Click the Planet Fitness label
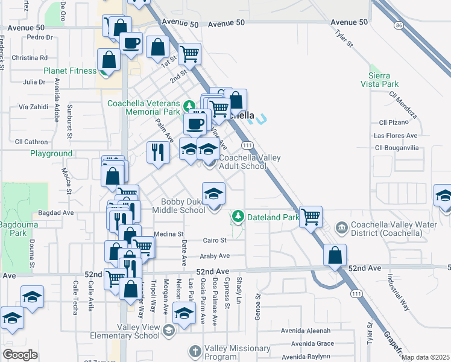[70, 71]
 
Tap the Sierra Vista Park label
[380, 80]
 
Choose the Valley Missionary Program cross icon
[195, 351]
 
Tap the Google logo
[20, 355]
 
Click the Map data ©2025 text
[425, 357]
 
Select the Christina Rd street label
[30, 58]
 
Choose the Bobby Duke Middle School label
[183, 206]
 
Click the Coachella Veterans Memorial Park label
[144, 107]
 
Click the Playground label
[51, 154]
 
